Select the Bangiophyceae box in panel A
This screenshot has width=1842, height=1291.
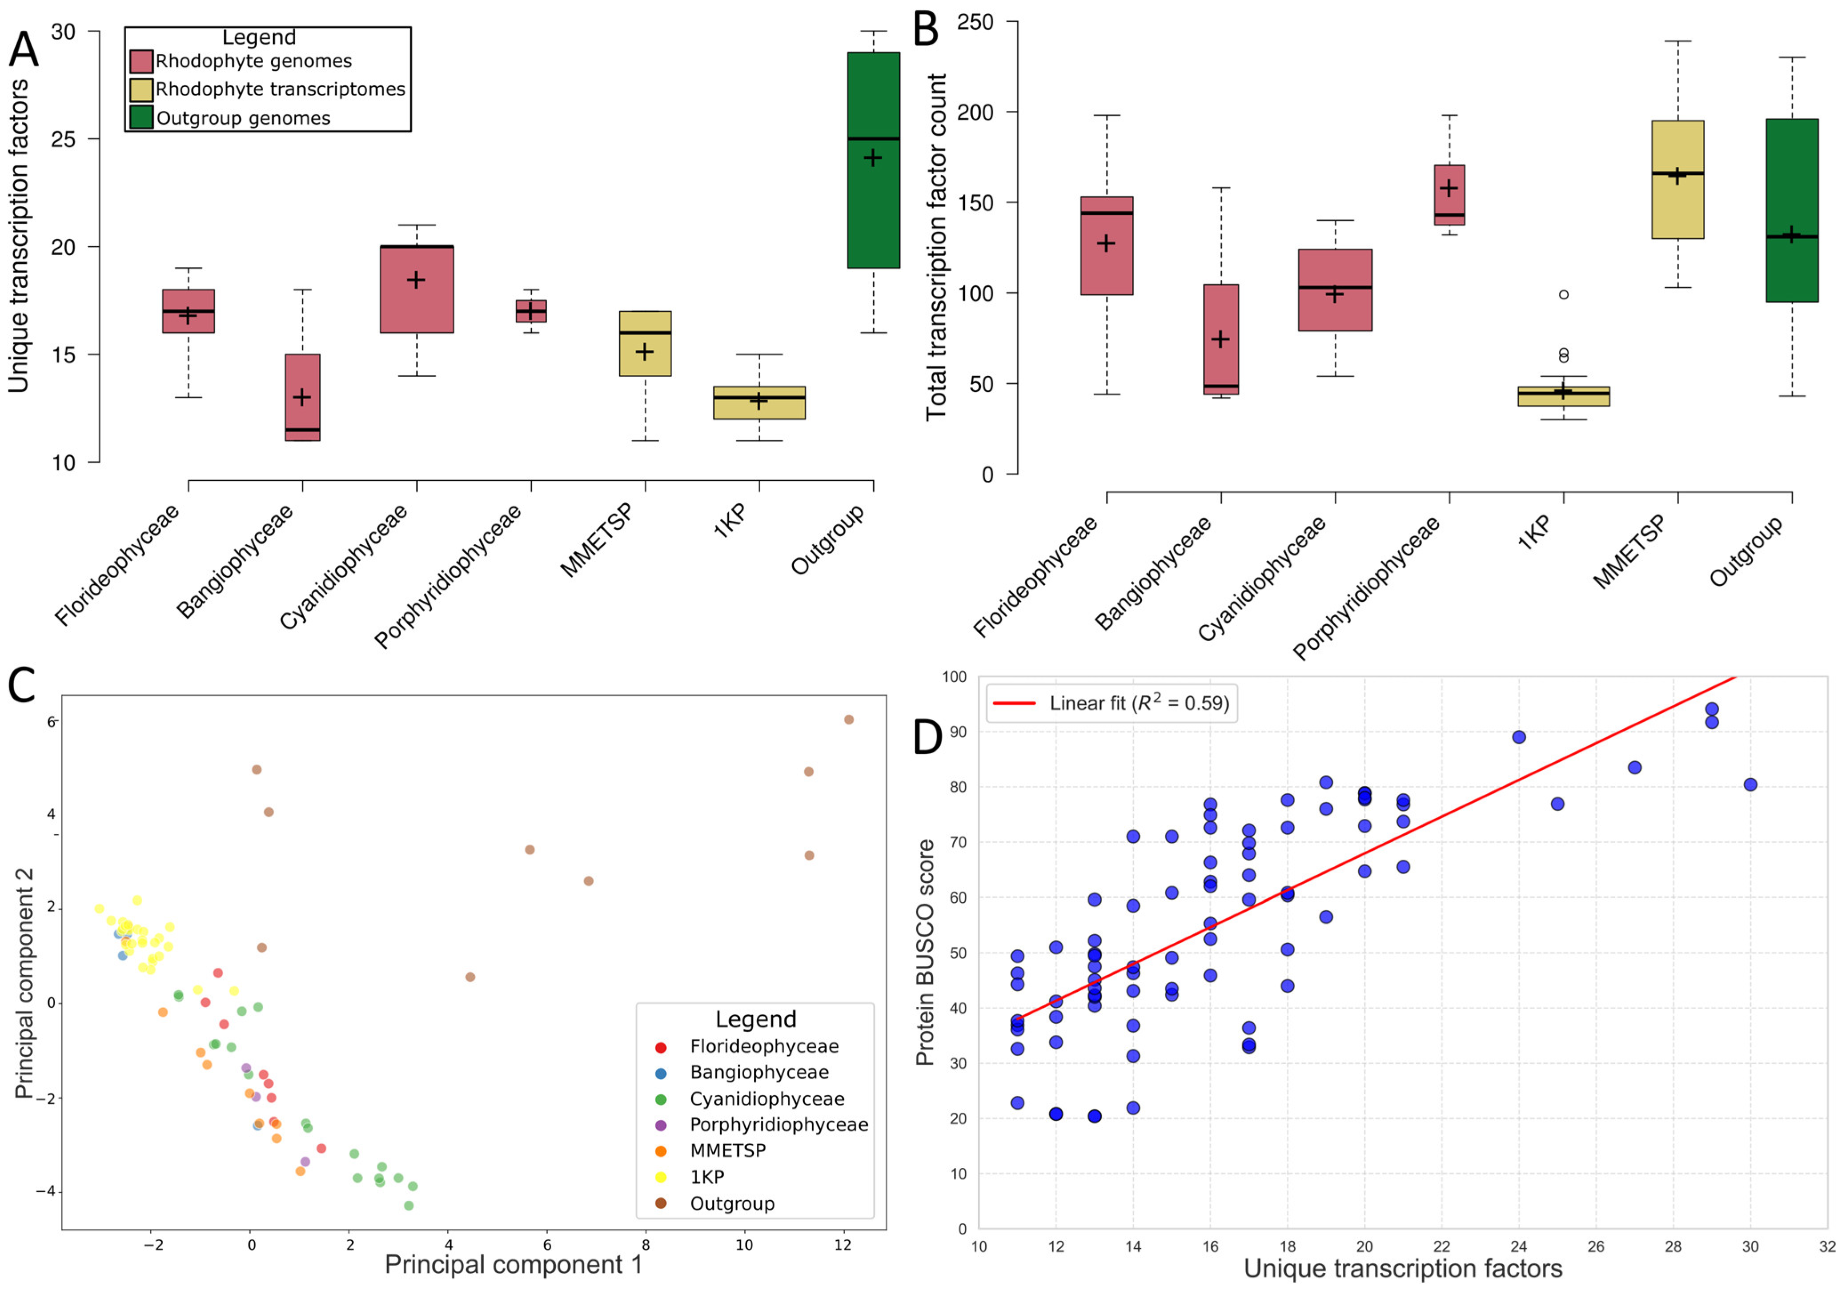coord(302,397)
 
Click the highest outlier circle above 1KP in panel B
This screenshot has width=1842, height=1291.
coord(1564,294)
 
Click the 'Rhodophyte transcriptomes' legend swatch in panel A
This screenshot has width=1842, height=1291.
coord(141,89)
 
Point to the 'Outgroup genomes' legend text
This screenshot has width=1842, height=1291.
coord(243,119)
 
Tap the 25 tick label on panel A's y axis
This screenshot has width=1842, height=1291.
coord(64,140)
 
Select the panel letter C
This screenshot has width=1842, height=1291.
coord(22,686)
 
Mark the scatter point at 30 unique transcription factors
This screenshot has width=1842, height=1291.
coord(1750,785)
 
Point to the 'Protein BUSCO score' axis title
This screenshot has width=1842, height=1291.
coord(925,953)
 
